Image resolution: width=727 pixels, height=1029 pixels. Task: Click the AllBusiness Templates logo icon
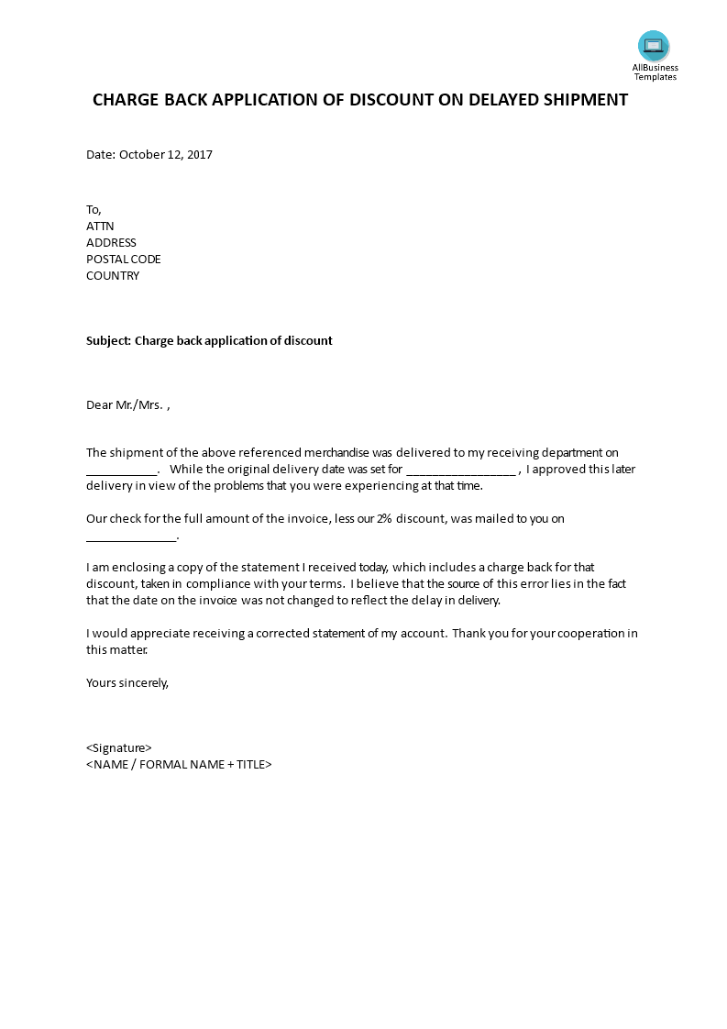[x=654, y=45]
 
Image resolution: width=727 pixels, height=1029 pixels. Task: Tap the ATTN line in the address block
[x=100, y=226]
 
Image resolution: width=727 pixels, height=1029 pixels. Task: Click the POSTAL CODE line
[x=124, y=259]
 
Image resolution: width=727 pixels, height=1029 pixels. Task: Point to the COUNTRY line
[x=113, y=275]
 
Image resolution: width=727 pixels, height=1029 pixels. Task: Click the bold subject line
[x=209, y=340]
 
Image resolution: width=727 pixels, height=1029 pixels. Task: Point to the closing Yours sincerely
[x=127, y=681]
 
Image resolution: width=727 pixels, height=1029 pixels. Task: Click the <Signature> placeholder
[x=119, y=747]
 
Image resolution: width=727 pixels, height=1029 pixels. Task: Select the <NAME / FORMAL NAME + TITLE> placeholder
[x=179, y=764]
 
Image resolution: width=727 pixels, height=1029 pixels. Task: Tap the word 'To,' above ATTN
[x=94, y=209]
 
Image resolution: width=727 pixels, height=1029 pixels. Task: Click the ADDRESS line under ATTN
[x=111, y=242]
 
